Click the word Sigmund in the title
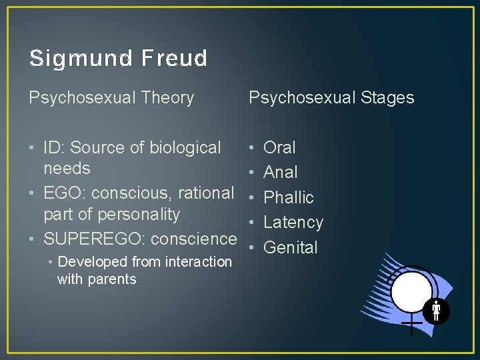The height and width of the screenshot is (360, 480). click(79, 59)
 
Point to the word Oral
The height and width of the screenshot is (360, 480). click(279, 147)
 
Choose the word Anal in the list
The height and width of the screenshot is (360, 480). click(280, 173)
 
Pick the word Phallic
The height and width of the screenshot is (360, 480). click(288, 198)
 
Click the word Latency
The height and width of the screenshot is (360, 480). click(293, 223)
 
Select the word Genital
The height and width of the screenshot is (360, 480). click(291, 247)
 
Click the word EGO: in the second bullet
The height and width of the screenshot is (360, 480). click(65, 193)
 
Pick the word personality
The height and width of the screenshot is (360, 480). click(139, 215)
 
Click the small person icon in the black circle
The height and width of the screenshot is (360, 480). click(437, 310)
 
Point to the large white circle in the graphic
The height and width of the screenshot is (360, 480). click(411, 291)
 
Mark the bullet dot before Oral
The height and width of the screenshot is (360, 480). click(251, 147)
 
